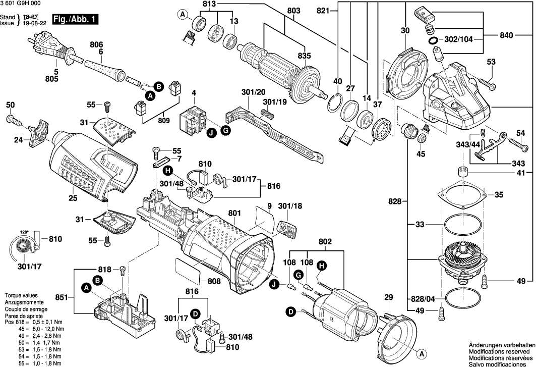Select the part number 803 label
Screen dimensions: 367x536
pos(293,11)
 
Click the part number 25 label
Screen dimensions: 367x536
pos(73,198)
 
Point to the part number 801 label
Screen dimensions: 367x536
pos(234,214)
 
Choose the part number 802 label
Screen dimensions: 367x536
pos(325,242)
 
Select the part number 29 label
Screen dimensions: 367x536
pos(388,297)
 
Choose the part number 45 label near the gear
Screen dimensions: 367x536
pos(420,153)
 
